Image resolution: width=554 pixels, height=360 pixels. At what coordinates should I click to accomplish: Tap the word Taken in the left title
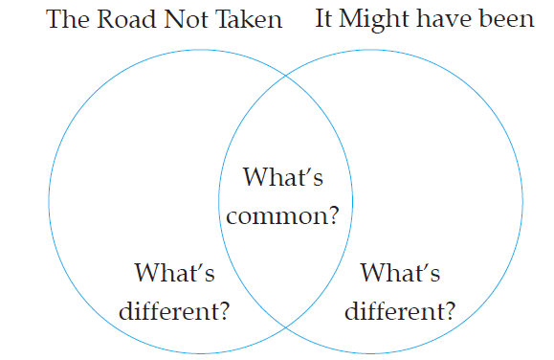pos(249,19)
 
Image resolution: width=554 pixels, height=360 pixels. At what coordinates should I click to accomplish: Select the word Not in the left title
pos(187,19)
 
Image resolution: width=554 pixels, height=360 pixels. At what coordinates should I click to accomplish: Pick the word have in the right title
pos(444,18)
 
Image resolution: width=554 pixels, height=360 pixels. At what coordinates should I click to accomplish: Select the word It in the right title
pos(324,18)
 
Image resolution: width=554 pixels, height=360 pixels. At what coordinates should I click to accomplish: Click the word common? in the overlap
pos(282,215)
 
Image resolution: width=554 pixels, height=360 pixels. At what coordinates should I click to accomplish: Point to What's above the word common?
pos(283,176)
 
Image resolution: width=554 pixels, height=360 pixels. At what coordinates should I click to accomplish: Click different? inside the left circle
pos(174,311)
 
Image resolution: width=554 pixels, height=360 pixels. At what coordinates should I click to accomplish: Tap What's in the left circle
pos(174,272)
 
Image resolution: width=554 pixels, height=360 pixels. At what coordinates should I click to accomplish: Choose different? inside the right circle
pos(400,311)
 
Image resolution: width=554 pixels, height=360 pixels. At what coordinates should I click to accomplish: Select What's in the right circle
pos(400,272)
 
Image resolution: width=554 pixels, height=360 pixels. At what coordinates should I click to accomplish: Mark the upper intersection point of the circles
pos(286,76)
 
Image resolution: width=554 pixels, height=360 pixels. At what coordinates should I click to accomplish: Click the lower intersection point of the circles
pos(286,327)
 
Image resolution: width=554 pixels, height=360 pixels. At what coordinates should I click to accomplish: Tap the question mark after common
pos(333,215)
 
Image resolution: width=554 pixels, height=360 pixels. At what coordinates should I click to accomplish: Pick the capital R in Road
pos(105,19)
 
